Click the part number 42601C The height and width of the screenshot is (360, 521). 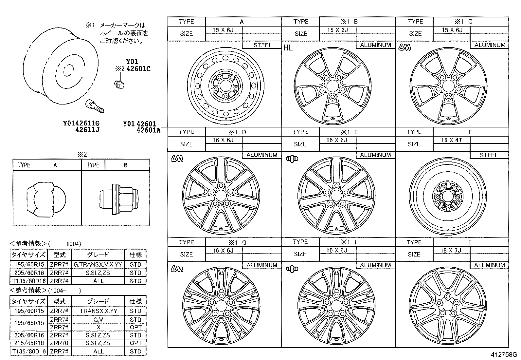tap(138, 69)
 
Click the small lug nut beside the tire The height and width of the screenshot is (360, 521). tap(119, 84)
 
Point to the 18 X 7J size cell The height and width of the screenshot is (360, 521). tap(451, 250)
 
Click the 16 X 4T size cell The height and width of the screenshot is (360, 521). tap(451, 140)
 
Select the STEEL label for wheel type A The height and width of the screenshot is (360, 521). tap(262, 45)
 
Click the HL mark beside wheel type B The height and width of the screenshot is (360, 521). tap(288, 48)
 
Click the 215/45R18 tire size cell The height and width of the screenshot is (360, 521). tap(28, 343)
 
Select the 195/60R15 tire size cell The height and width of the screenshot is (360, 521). tap(28, 311)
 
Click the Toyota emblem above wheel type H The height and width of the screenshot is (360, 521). tap(292, 269)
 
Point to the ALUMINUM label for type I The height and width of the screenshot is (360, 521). tap(489, 265)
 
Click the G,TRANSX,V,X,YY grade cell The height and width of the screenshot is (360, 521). tap(98, 264)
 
